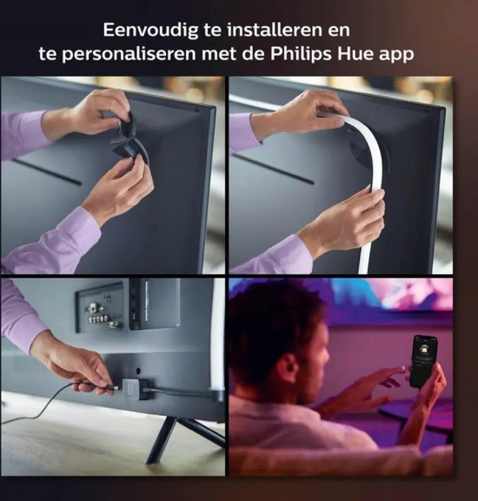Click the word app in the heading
pos(396,56)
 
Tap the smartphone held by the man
pos(423,361)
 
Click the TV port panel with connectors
pos(100,307)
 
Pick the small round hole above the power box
pos(138,371)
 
